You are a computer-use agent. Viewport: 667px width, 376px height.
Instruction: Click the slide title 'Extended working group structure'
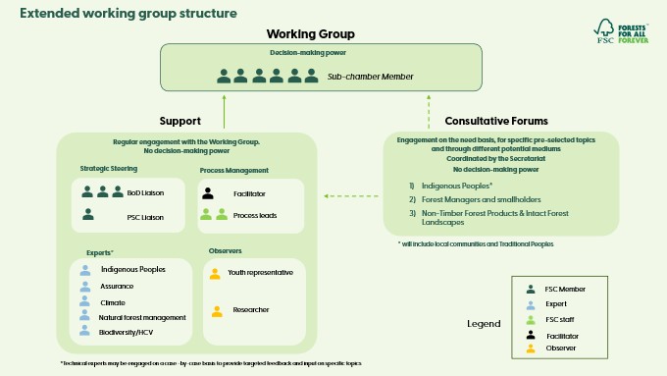pos(128,14)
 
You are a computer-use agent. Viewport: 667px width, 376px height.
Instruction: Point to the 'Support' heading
pos(180,121)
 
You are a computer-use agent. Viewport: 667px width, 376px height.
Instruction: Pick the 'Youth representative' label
pos(260,273)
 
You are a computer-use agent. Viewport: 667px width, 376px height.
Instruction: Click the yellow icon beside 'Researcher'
pos(216,311)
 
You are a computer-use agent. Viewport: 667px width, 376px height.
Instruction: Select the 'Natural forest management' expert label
pos(142,317)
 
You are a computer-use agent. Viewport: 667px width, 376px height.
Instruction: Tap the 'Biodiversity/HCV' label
pos(127,333)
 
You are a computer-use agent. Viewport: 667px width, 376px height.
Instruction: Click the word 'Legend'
pos(483,323)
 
